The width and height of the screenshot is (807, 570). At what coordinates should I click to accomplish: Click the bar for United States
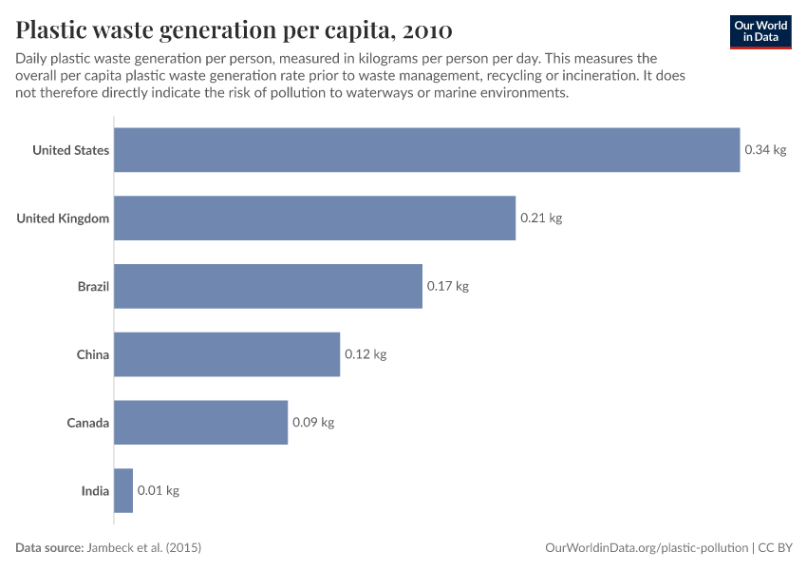[x=426, y=150]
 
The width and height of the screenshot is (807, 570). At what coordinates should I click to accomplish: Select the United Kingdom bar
[x=314, y=218]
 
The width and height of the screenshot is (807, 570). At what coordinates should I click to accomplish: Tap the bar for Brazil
[x=268, y=286]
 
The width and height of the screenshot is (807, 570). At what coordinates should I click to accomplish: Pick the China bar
[x=227, y=354]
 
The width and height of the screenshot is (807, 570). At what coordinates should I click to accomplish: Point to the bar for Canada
[x=200, y=423]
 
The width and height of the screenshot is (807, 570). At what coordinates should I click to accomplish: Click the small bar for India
[x=123, y=491]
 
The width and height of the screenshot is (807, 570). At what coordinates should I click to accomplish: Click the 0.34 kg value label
[x=765, y=150]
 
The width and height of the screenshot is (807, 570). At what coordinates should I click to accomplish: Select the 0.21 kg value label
[x=541, y=218]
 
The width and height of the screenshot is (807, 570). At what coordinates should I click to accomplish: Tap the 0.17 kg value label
[x=448, y=286]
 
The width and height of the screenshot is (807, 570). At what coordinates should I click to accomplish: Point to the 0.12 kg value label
[x=366, y=354]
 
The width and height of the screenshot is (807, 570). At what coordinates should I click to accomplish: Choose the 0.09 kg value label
[x=313, y=423]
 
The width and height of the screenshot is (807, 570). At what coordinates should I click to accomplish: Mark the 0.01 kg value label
[x=159, y=491]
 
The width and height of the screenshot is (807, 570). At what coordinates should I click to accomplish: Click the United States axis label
[x=70, y=150]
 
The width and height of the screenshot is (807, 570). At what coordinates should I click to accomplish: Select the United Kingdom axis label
[x=63, y=218]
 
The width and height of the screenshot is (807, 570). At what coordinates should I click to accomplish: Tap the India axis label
[x=95, y=491]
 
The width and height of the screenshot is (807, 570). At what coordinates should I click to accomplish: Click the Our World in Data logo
[x=760, y=31]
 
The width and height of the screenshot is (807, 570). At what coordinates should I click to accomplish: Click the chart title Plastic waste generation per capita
[x=234, y=29]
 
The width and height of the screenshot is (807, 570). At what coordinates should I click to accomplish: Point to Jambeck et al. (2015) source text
[x=144, y=548]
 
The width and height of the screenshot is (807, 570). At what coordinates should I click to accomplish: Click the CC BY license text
[x=776, y=548]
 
